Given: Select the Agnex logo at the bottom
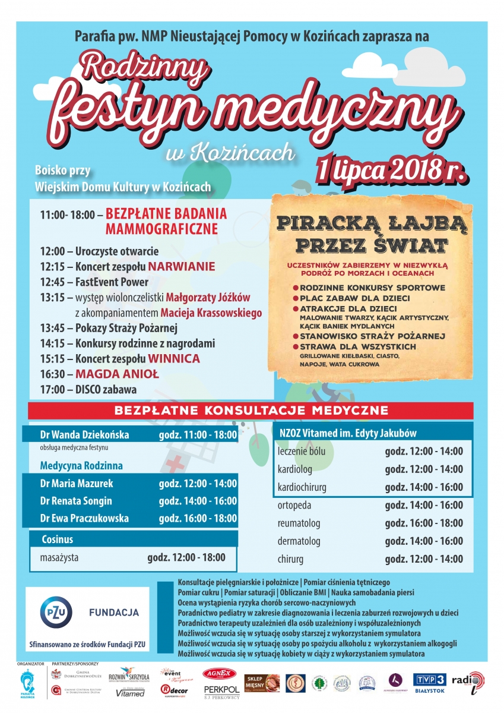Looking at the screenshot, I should pos(220,674).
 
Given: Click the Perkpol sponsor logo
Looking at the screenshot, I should pos(221,690).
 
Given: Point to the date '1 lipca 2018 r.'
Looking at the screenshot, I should pos(391,169).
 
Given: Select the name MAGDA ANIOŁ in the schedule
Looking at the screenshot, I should pos(117,374).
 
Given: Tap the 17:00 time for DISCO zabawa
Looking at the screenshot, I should pos(54,390).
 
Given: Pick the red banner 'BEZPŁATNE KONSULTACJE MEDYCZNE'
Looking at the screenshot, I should pos(251,411).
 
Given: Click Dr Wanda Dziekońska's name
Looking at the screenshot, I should pos(84,435).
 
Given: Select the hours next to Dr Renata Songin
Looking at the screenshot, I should pos(198,501).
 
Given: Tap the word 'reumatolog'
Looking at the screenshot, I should pos(299,523).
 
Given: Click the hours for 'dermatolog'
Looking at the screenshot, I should pos(423,541).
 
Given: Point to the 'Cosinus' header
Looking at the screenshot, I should pos(58,540).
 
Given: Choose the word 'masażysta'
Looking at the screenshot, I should pos(59,558).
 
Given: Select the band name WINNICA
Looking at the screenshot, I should pos(174,359).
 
